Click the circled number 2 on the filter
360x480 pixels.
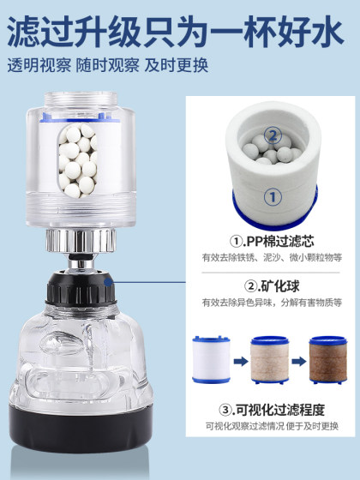[273, 135]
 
